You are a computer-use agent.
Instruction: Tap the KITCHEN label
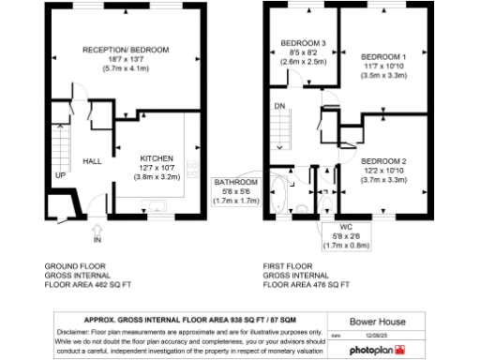[x=157, y=157]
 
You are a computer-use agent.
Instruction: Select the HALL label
[x=92, y=161]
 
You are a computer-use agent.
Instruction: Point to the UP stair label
[x=59, y=175]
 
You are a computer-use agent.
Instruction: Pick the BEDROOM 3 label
[x=303, y=43]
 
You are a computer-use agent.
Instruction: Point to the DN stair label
[x=279, y=106]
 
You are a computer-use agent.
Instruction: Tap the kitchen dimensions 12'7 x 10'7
[x=157, y=167]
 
